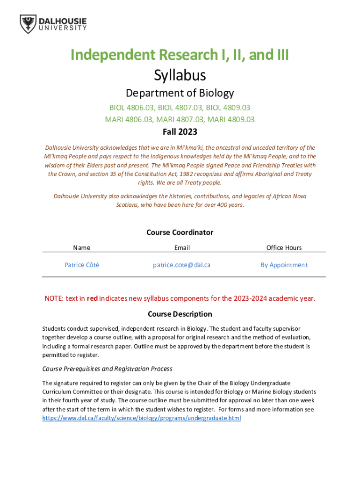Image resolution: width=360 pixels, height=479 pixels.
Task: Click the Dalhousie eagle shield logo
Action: (x=28, y=24)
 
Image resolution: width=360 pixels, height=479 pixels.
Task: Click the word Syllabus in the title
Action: (x=180, y=75)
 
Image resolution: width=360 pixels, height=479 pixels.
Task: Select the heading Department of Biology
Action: (x=180, y=93)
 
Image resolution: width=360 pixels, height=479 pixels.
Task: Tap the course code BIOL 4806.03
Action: (x=130, y=108)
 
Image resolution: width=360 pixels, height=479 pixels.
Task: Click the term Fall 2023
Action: (x=180, y=132)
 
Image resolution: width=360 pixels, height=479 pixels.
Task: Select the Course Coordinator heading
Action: (x=180, y=232)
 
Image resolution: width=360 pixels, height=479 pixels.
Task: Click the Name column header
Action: (x=82, y=248)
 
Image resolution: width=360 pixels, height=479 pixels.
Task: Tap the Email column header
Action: (x=182, y=248)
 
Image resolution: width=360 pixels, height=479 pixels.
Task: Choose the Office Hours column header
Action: (x=284, y=248)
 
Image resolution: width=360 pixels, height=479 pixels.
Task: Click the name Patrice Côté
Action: (x=82, y=265)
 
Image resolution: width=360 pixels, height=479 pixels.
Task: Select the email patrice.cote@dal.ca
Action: (x=182, y=265)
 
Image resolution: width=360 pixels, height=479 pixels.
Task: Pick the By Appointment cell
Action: (x=284, y=265)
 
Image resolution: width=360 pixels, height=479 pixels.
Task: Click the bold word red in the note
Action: (x=92, y=298)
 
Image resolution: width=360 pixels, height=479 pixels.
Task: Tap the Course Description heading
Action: (x=180, y=314)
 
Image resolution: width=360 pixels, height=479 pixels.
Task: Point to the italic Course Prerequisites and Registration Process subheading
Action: (x=108, y=369)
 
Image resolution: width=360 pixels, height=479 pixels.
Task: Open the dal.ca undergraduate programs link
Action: (x=142, y=418)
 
